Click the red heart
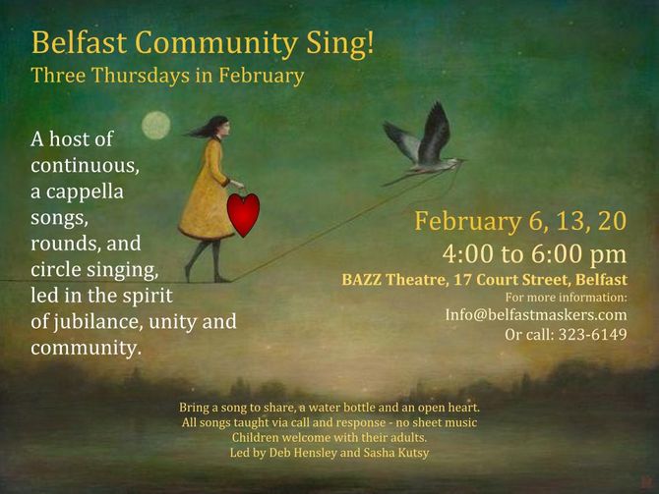coord(243,214)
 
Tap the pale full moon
coord(156,125)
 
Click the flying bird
coord(422,144)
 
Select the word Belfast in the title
coord(79,43)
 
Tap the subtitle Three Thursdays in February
coord(167,76)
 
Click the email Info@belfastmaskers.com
coord(536,314)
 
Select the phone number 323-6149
coord(592,334)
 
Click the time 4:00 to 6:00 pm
coord(534,254)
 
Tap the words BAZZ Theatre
coord(393,280)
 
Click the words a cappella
coord(77,192)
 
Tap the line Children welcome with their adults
coord(329,437)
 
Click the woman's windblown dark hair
coord(209,127)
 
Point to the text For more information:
coord(567,298)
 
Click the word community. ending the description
coord(86,348)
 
